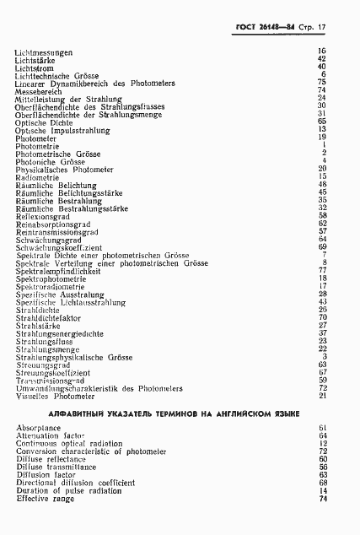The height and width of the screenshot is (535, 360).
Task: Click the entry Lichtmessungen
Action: [x=44, y=52]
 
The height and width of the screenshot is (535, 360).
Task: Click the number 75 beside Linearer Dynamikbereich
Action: [x=322, y=82]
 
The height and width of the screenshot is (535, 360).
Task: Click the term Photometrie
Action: [x=35, y=146]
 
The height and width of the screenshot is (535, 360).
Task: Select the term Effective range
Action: [x=45, y=499]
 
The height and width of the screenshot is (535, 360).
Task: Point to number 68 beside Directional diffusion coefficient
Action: [x=322, y=484]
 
